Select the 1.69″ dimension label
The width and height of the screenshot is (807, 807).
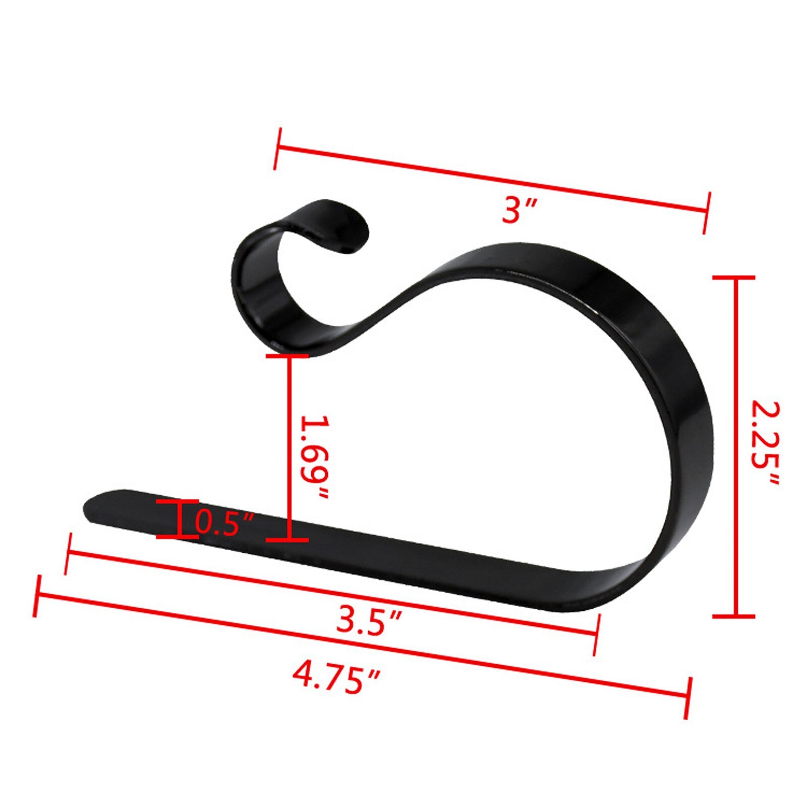(314, 457)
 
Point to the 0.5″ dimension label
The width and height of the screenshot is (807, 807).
(223, 524)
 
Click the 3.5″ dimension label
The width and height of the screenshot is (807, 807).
(369, 621)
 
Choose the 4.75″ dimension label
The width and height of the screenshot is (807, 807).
(335, 678)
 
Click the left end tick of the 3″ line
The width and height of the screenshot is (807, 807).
(277, 149)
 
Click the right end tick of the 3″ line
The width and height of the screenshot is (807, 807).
(707, 213)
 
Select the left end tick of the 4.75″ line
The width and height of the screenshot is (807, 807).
(37, 596)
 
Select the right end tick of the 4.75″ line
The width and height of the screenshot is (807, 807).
(688, 698)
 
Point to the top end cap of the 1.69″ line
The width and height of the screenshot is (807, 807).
(288, 356)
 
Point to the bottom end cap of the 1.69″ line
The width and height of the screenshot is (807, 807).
(288, 540)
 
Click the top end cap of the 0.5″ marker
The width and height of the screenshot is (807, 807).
(177, 502)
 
